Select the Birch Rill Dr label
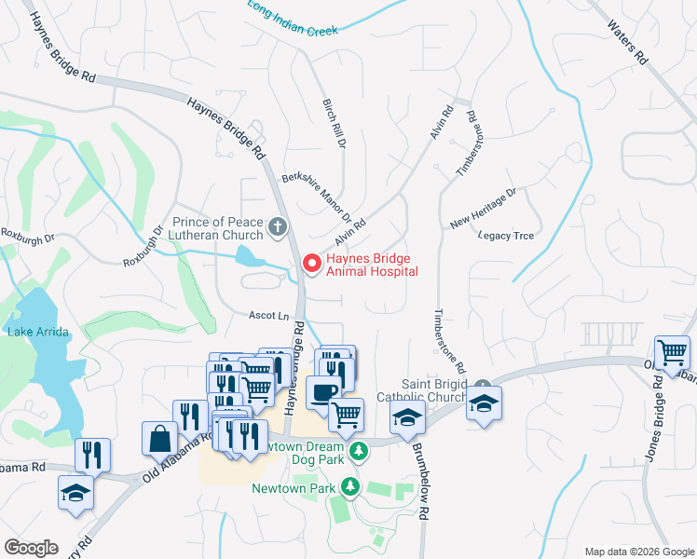click(x=334, y=125)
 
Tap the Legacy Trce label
click(x=506, y=236)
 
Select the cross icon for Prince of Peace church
click(x=277, y=226)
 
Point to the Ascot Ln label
click(x=268, y=315)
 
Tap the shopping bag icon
click(x=159, y=438)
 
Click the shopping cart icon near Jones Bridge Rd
click(x=671, y=352)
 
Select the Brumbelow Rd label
click(x=422, y=485)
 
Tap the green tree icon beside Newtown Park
click(x=349, y=486)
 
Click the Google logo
click(x=32, y=548)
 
